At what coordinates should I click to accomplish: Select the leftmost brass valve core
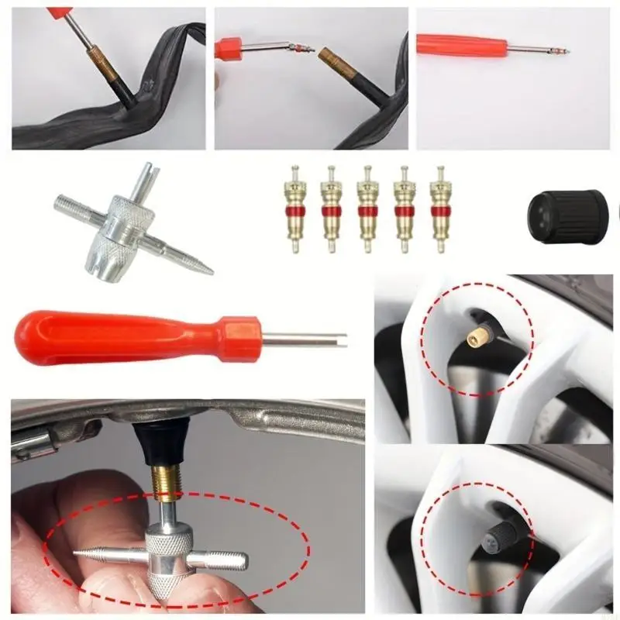[294, 208]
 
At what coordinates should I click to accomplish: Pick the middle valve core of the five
[367, 208]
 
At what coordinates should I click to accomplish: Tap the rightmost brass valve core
[440, 208]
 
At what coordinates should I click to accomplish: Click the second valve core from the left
[330, 208]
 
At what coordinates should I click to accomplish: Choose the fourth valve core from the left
[403, 208]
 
